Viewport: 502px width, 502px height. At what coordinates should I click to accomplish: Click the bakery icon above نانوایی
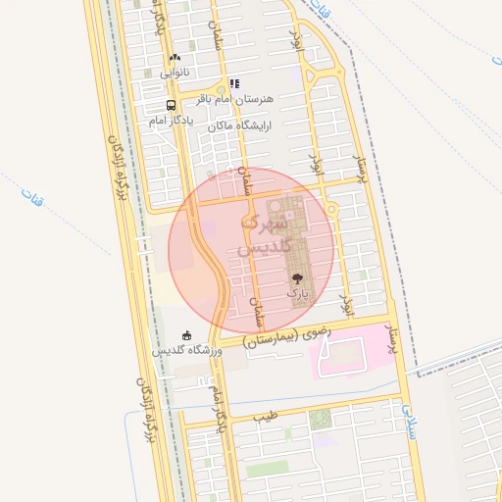(175, 59)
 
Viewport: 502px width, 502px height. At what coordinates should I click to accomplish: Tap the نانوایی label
(175, 72)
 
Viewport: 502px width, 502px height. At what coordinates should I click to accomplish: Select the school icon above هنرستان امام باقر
(233, 84)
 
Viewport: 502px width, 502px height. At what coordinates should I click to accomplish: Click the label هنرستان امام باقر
(235, 99)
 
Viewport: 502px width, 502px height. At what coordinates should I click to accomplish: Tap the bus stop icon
(172, 105)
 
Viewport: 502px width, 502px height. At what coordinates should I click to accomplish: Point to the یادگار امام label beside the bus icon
(172, 120)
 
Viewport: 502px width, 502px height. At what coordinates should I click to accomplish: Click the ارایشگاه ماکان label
(236, 125)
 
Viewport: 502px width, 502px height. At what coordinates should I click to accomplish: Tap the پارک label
(297, 293)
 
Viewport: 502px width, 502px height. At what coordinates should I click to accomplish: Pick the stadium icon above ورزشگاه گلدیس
(187, 335)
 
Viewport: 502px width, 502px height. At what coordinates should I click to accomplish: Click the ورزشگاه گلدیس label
(187, 350)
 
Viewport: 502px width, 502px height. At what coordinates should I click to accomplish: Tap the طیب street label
(266, 416)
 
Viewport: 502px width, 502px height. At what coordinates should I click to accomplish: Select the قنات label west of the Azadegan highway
(26, 197)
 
